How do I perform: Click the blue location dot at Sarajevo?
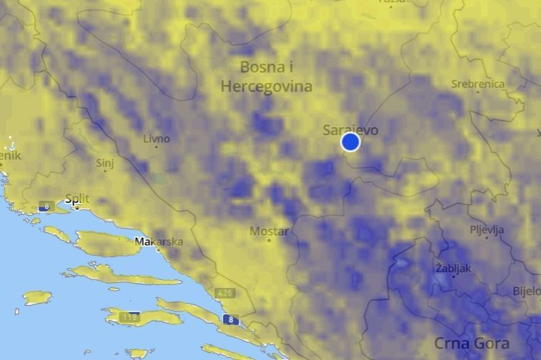pos(350,141)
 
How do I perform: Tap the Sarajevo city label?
pos(350,130)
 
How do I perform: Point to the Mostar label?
pos(268,231)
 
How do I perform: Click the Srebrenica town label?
pos(477,84)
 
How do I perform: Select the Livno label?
pos(156,139)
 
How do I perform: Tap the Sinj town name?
pos(105,164)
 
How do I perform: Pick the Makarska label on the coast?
pos(159,241)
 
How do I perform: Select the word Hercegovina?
pos(266,86)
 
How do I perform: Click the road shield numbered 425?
pos(226,293)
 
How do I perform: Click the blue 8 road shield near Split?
pos(45,207)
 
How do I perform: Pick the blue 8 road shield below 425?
pos(231,319)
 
